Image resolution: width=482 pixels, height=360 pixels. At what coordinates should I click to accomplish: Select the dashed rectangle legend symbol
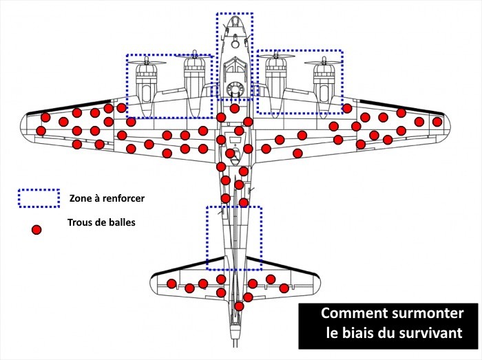point(39,198)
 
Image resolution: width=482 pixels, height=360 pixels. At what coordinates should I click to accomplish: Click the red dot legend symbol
point(37,230)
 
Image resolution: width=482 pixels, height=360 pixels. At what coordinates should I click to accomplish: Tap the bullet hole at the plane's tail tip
point(239,306)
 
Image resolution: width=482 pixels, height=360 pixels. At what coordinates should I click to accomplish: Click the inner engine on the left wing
point(193,79)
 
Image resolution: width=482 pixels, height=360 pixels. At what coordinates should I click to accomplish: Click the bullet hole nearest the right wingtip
point(437,122)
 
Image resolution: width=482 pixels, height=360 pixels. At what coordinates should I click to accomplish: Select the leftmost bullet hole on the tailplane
point(171,284)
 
